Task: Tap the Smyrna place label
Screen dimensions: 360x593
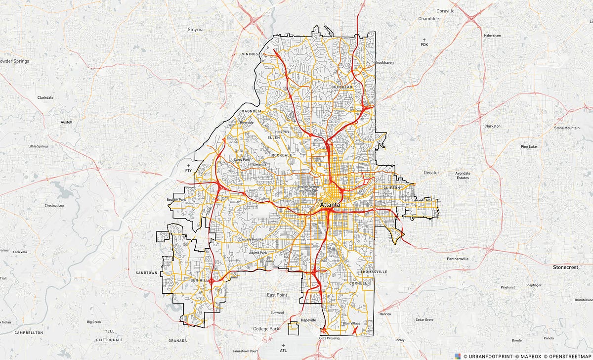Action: coord(196,29)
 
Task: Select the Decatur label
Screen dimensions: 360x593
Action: coord(431,173)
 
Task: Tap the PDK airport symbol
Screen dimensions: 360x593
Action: coord(424,39)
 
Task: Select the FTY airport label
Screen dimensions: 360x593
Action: coord(188,171)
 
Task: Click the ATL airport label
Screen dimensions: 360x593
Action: coord(283,351)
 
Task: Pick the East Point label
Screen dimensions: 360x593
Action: coord(277,295)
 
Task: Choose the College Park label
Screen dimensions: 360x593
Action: coord(266,329)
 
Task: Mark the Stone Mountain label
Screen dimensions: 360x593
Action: coord(566,128)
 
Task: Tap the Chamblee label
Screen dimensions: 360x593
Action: coord(428,19)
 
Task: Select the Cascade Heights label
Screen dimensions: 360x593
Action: coord(251,239)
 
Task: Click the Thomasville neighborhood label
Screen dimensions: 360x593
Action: coord(374,272)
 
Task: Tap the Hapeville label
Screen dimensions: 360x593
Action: coord(308,320)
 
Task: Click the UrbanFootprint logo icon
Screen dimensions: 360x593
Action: coord(458,356)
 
